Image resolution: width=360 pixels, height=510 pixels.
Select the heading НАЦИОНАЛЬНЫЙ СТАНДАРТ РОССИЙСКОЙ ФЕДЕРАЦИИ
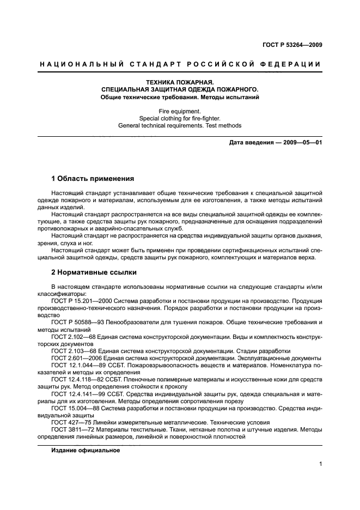[x=180, y=64]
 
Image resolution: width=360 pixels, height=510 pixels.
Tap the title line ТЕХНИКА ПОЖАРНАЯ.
[x=180, y=82]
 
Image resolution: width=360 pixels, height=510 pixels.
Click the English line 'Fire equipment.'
[x=180, y=110]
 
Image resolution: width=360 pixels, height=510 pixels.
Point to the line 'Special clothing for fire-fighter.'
[x=180, y=118]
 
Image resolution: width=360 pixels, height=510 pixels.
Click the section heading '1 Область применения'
[x=93, y=178]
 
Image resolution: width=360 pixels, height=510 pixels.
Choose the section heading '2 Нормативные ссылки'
[x=94, y=271]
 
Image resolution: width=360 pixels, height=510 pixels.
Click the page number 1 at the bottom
[x=320, y=464]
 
